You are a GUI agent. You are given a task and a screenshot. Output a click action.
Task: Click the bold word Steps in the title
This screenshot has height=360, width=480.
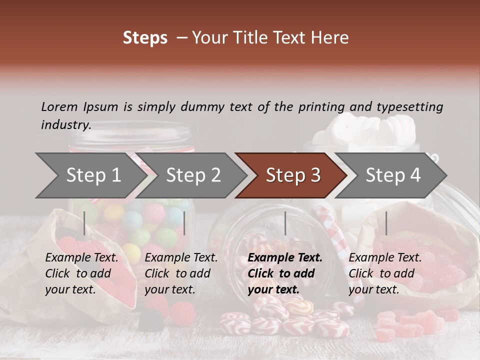pos(145,38)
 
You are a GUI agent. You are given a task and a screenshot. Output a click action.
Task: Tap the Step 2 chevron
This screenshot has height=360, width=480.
pos(193,175)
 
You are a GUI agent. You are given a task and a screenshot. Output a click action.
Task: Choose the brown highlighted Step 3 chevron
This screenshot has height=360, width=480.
pos(293,175)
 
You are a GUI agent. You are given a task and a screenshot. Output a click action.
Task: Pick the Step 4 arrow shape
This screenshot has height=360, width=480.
pos(393,175)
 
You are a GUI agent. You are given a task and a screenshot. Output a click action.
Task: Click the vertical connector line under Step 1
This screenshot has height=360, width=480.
pos(84,223)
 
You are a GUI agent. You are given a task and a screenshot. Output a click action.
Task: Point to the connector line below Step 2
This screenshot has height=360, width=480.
pos(184,223)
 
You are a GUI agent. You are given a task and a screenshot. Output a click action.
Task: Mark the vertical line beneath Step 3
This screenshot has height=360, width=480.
pos(285,223)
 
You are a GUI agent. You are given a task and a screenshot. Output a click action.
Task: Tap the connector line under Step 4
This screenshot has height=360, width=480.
pos(386,223)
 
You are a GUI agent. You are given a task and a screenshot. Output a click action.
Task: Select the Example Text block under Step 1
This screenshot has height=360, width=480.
pos(81,273)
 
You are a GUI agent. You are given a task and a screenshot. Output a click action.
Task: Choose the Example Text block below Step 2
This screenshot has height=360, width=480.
pos(181,273)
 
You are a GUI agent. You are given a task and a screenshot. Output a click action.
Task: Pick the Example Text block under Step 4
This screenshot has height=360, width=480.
pos(385,273)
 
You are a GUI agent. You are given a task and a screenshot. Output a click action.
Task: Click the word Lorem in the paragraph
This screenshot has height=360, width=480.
pos(59,106)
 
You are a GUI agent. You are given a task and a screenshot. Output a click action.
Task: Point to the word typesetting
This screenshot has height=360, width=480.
pos(409,106)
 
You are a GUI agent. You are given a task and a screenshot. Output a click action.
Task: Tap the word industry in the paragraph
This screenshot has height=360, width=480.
pos(65,125)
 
